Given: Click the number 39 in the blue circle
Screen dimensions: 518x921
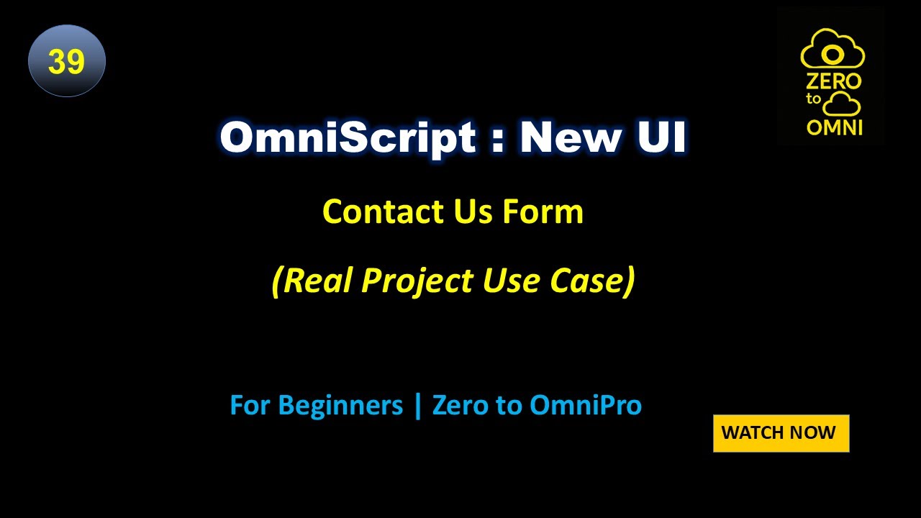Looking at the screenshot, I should tap(67, 62).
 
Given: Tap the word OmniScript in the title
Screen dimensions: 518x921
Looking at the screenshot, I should tap(348, 137).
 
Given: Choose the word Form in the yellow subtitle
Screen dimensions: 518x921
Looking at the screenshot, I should tap(543, 212).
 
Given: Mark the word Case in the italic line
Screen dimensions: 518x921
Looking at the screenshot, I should tap(589, 280).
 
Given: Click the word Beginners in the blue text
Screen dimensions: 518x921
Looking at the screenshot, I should tap(340, 406).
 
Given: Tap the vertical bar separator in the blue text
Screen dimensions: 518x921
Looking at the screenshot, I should tap(417, 406).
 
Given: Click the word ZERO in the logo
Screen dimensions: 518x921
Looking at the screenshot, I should tap(833, 81).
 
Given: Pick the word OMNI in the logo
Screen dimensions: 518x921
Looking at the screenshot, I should tap(835, 127).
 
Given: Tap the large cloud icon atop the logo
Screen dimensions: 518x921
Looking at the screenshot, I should tap(832, 50).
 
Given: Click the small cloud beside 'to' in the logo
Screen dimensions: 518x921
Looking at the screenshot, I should tap(841, 104).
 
